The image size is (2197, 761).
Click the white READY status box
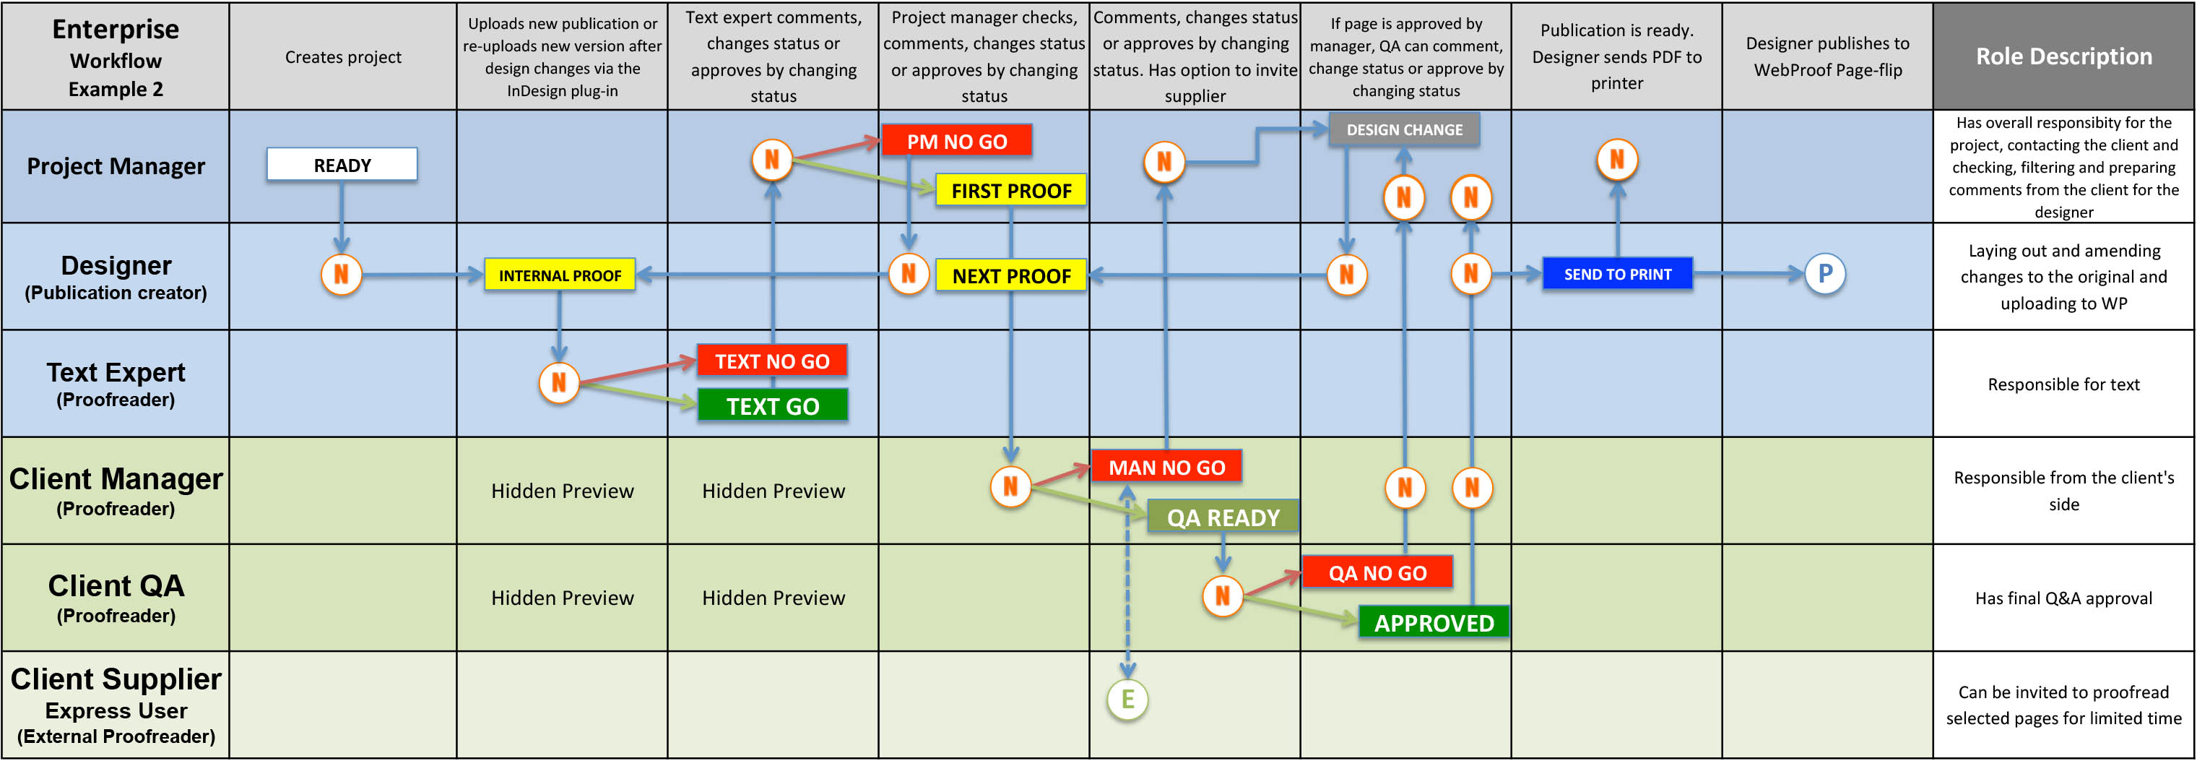click(342, 165)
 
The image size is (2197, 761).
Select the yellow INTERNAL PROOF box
click(560, 275)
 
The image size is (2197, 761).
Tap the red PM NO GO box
click(956, 141)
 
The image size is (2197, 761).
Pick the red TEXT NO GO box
click(772, 361)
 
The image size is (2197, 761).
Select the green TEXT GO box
click(772, 405)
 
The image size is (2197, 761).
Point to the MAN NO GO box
click(1166, 467)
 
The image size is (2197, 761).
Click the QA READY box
click(1222, 517)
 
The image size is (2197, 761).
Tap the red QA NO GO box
click(1377, 572)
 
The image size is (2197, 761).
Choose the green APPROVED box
click(1433, 622)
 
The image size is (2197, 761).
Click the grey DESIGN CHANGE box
click(1404, 129)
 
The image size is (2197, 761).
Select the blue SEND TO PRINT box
click(1617, 274)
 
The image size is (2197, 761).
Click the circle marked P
click(1824, 274)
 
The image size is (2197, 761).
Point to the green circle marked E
click(1127, 700)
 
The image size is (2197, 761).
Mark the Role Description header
click(2063, 56)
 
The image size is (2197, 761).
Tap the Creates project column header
click(343, 57)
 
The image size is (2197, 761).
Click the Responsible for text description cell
click(2063, 384)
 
